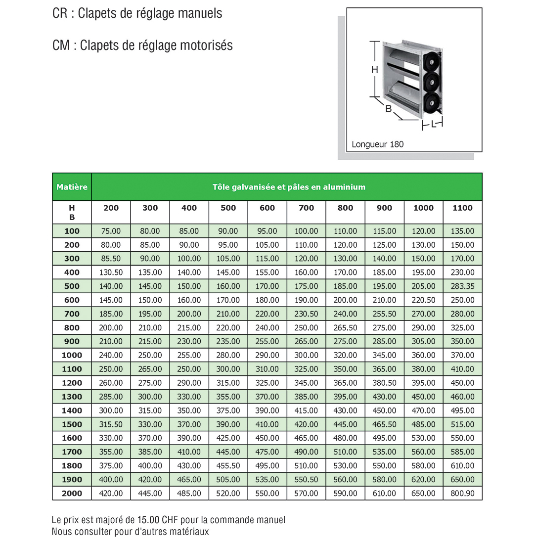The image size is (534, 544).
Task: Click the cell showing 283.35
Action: [462, 286]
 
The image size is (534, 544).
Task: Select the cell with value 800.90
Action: [462, 493]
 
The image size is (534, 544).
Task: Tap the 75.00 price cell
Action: [111, 231]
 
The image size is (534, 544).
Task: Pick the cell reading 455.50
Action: [228, 465]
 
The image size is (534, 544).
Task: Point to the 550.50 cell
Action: [306, 479]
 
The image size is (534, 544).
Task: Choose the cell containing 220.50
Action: [423, 300]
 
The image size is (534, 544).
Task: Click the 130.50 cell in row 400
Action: [111, 272]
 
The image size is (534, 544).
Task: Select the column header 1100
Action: [462, 208]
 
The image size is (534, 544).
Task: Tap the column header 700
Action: [306, 208]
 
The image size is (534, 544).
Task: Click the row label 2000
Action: [72, 493]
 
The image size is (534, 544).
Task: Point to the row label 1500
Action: [72, 424]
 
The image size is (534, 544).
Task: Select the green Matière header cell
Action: [72, 187]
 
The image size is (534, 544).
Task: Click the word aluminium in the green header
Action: [344, 187]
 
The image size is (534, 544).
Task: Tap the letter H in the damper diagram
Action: [374, 70]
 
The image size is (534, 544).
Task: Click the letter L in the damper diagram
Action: [433, 124]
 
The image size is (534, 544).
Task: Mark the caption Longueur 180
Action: [377, 144]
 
